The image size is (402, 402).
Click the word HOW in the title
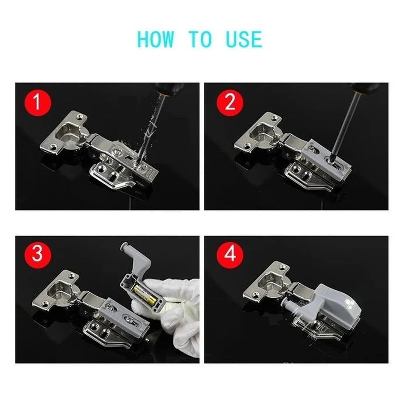tap(155, 39)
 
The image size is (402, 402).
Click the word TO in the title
tap(200, 39)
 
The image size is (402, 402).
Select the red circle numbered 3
tap(38, 254)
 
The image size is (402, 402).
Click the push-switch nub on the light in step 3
tap(124, 247)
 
